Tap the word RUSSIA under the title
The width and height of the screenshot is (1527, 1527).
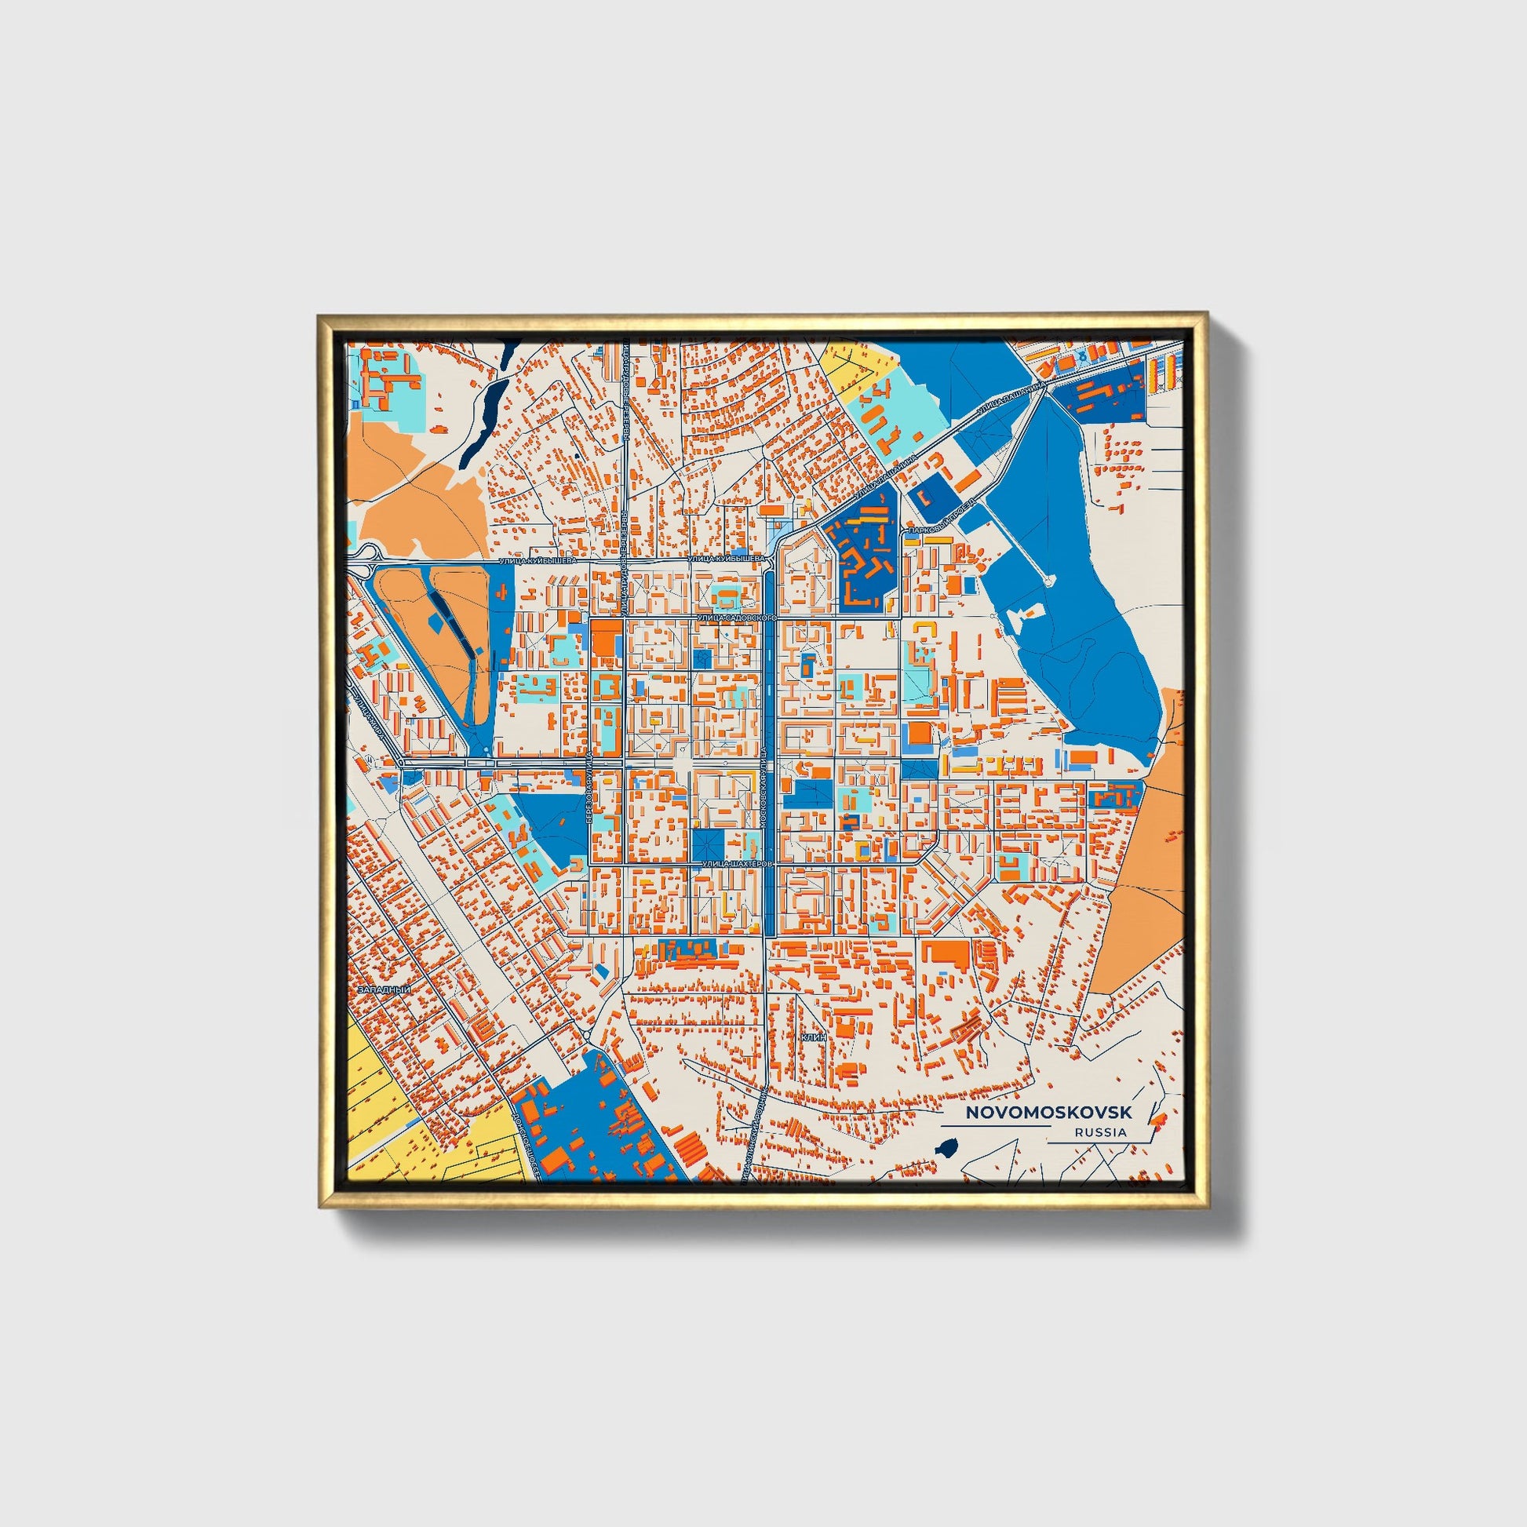1100,1132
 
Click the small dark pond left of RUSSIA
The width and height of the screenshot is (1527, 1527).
948,1147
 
